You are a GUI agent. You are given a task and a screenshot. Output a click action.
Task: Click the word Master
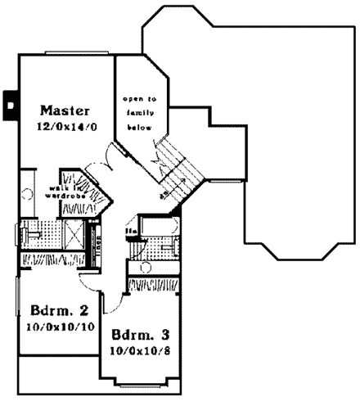(65, 111)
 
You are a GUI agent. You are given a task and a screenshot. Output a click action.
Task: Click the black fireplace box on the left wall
(10, 102)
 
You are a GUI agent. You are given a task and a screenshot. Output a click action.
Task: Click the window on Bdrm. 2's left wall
(18, 311)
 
